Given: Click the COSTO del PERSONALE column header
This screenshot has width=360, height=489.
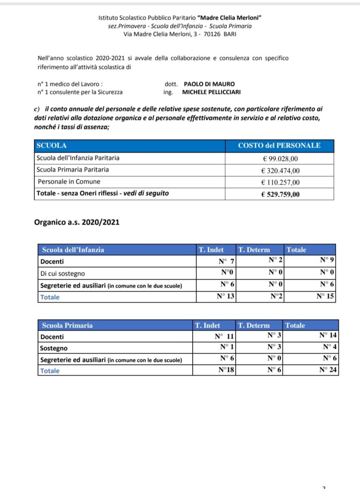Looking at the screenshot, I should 279,146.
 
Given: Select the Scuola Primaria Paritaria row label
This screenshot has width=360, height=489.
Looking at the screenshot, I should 73,170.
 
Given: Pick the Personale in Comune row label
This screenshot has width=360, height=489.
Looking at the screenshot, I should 69,181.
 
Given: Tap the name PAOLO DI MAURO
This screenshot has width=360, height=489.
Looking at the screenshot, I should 209,84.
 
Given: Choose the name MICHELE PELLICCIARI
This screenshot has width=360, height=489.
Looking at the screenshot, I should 212,92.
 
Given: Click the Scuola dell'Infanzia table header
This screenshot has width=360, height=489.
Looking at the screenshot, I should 73,250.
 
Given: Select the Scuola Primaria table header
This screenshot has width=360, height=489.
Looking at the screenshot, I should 67,325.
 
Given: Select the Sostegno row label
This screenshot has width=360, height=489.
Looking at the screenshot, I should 54,348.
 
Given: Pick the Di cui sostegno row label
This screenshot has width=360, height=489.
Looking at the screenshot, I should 63,273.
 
